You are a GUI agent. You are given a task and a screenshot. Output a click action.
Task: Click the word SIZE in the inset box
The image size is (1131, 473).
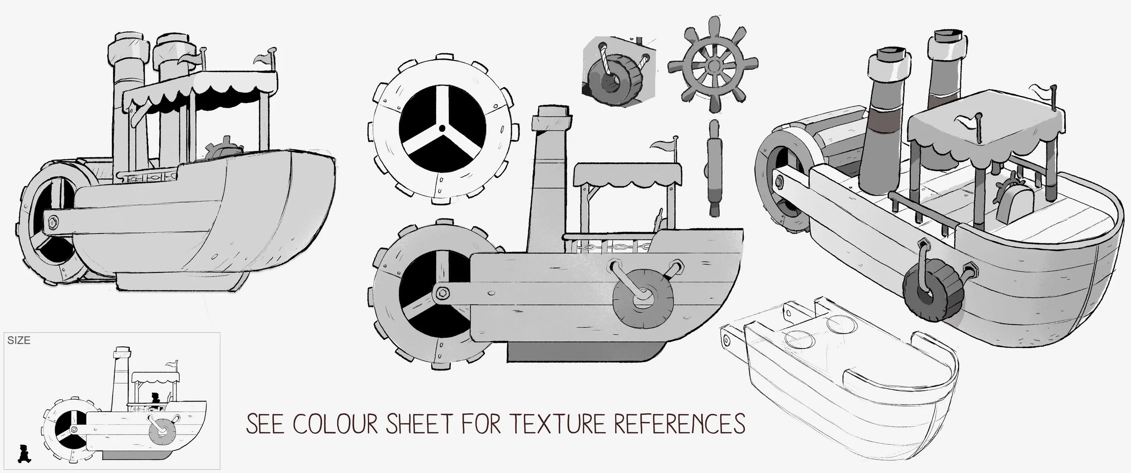coord(19,341)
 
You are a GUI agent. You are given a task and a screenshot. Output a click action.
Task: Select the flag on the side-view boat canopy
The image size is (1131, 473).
coord(663,145)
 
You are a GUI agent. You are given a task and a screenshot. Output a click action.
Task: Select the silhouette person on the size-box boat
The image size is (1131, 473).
coord(156,399)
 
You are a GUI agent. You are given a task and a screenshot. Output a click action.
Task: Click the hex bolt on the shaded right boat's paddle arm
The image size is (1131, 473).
coord(780,182)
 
